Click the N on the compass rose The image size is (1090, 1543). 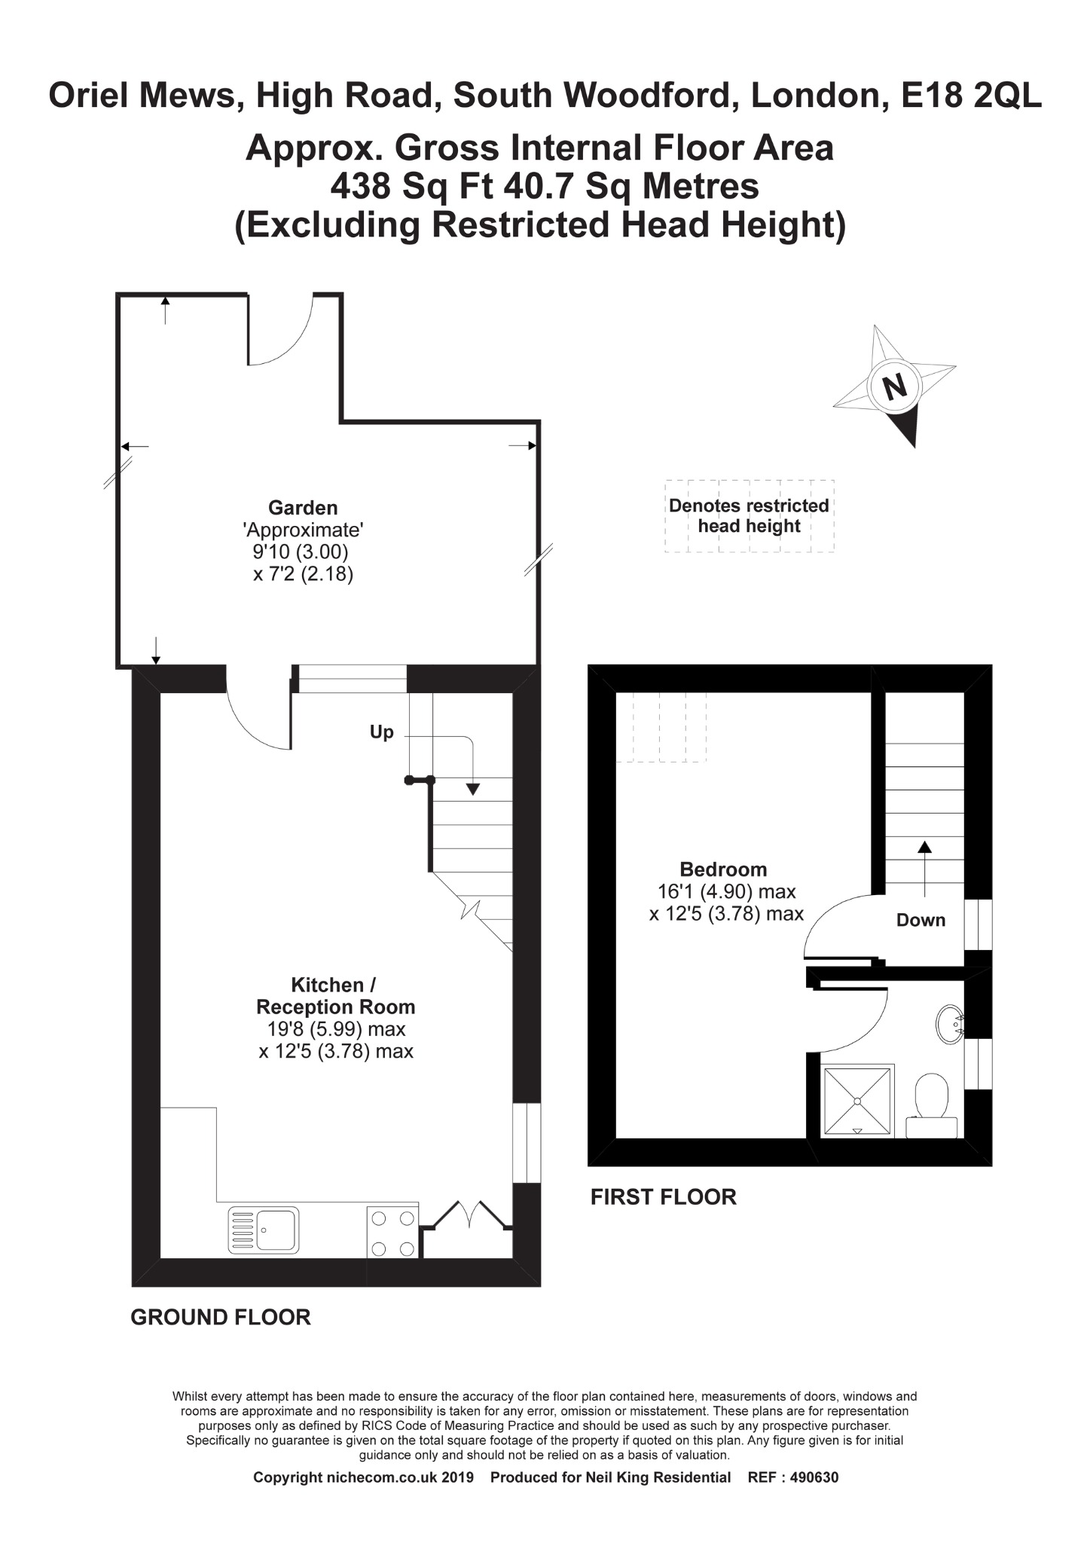(894, 387)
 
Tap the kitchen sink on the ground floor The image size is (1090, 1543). (263, 1230)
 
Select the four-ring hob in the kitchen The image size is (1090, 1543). (392, 1232)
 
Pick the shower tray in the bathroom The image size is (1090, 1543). (856, 1101)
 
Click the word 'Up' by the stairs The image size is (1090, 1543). (381, 732)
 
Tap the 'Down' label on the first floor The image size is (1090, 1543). (921, 920)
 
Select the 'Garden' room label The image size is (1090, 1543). (303, 508)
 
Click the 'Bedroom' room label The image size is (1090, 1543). (723, 869)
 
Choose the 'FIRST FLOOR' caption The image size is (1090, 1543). (663, 1196)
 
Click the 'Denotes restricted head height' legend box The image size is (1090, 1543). (749, 516)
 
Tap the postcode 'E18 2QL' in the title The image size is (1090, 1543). (971, 96)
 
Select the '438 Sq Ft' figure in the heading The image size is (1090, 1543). (411, 186)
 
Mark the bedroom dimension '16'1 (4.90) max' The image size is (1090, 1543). (726, 892)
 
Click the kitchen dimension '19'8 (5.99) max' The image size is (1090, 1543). (336, 1029)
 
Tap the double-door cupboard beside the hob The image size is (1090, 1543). (466, 1233)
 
